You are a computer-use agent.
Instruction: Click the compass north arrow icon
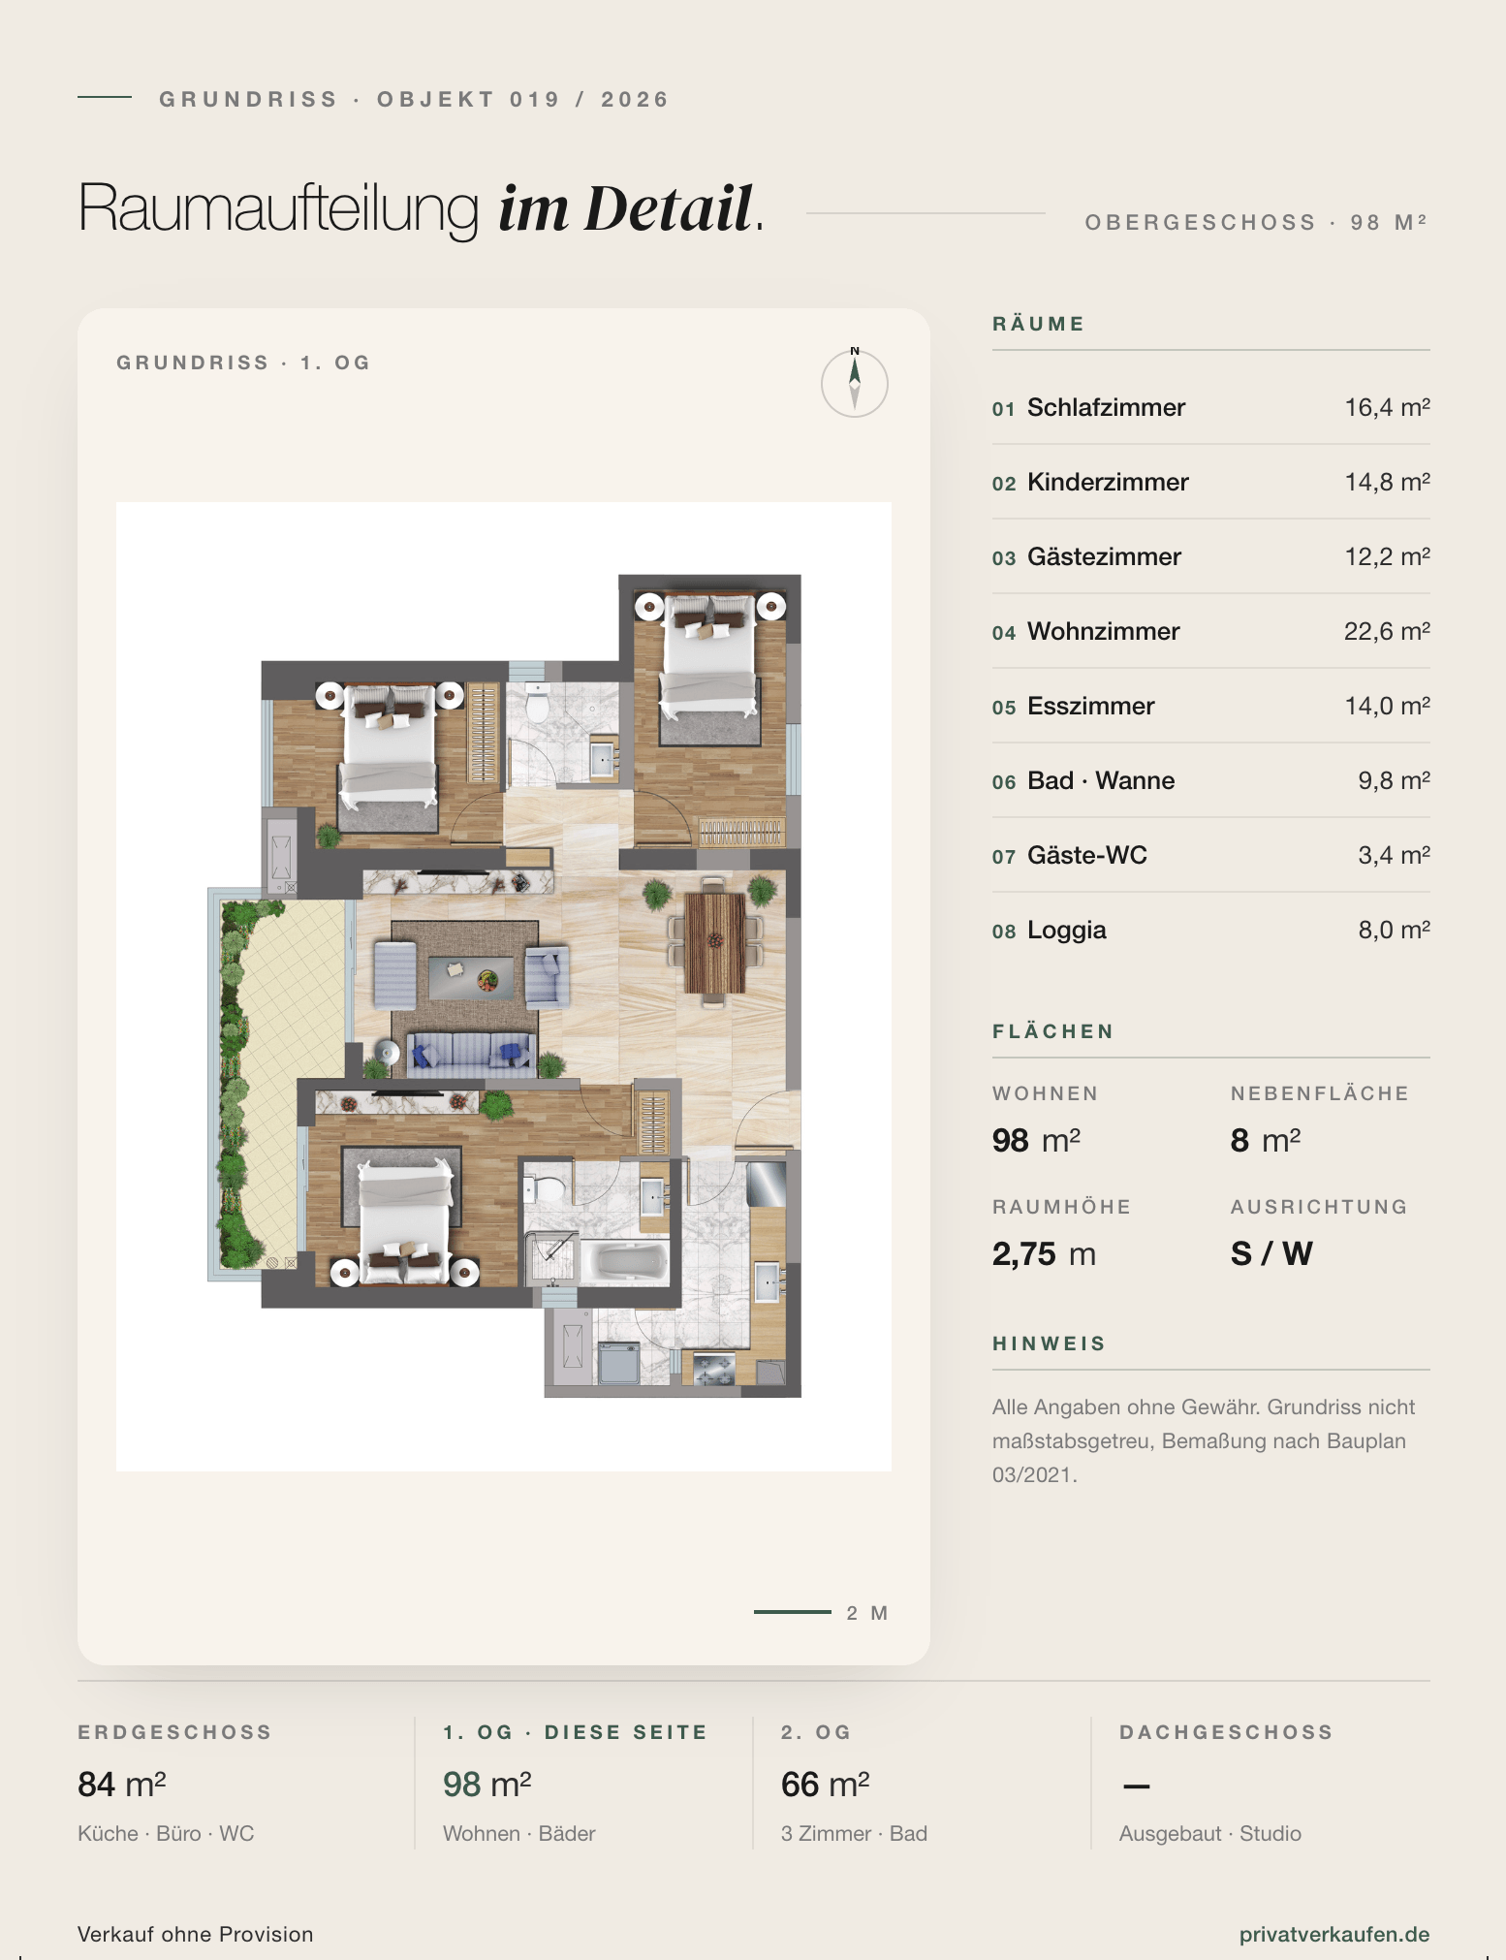(x=855, y=383)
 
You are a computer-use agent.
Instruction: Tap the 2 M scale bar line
(x=793, y=1612)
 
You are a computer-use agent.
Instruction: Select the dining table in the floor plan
(x=715, y=942)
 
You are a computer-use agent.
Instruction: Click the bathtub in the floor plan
(x=631, y=1261)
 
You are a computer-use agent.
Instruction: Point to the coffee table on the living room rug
(x=472, y=979)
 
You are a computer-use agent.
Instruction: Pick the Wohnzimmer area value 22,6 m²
(x=1387, y=631)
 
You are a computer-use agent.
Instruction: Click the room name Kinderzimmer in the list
(x=1108, y=482)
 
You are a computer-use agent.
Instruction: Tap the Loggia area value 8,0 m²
(x=1394, y=930)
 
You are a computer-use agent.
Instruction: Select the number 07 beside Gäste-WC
(x=1003, y=857)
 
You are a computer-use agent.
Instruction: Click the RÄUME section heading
(x=1038, y=324)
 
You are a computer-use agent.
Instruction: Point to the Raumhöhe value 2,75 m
(x=1044, y=1253)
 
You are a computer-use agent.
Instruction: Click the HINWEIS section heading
(x=1049, y=1344)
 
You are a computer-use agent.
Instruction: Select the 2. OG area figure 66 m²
(x=825, y=1784)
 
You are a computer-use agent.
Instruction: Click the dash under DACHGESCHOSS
(x=1136, y=1786)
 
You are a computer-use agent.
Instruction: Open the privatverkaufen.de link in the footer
(x=1334, y=1934)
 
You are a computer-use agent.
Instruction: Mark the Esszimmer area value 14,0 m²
(x=1387, y=706)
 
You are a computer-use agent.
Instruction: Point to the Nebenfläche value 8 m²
(x=1266, y=1140)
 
